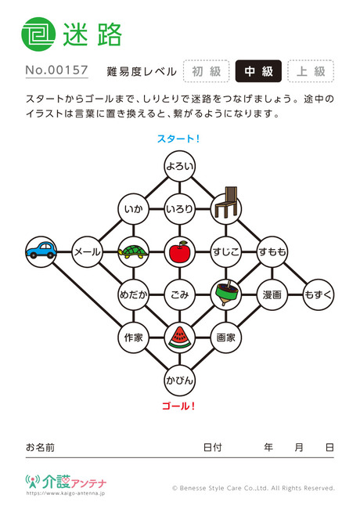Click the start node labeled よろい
[179, 166]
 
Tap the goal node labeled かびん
[179, 380]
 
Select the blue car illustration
[41, 251]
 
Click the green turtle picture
[133, 252]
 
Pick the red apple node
[179, 251]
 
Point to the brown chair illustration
[225, 202]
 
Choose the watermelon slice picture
[179, 338]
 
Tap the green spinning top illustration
[225, 293]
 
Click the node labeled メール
[87, 251]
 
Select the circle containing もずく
[319, 294]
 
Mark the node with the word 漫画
[272, 294]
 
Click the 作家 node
[133, 338]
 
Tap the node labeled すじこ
[225, 251]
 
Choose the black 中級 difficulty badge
[258, 71]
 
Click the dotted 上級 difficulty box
[311, 71]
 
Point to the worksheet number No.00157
[57, 70]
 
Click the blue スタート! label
[178, 139]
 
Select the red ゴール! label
[178, 406]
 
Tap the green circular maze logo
[38, 34]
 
